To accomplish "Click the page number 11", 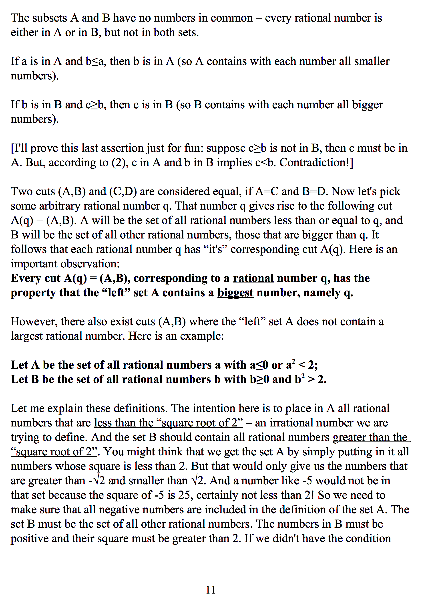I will (211, 590).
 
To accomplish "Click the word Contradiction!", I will (315, 163).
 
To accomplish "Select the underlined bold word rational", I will (253, 278).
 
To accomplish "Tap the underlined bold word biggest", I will (235, 293).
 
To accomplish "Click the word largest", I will (26, 336).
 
